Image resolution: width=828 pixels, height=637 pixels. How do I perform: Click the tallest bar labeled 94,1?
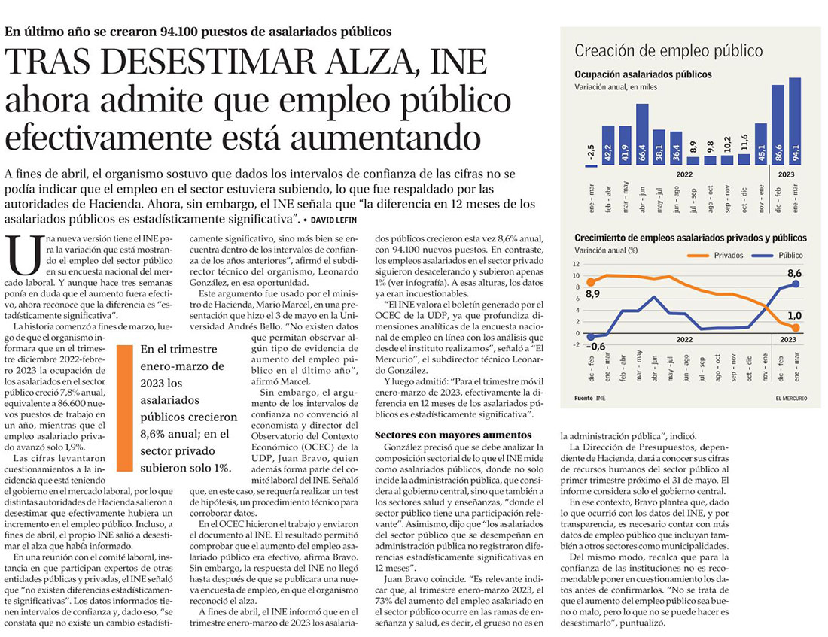795,121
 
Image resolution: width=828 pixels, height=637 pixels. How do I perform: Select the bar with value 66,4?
642,134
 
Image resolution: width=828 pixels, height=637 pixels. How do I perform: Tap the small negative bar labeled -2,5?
592,165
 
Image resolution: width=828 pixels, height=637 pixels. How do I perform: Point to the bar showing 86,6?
778,125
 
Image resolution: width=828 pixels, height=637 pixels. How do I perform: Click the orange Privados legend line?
697,256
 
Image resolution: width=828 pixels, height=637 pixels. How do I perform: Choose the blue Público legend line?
762,256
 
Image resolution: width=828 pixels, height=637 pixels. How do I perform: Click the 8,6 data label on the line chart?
794,274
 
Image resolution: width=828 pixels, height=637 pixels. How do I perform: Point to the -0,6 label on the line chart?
595,346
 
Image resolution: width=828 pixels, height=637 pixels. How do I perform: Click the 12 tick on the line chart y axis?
576,264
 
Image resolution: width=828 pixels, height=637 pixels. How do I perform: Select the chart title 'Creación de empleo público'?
668,50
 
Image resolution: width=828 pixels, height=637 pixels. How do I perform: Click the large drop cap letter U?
24,256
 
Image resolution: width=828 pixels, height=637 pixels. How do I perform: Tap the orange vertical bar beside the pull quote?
125,408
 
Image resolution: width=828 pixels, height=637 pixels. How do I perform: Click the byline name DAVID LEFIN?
333,220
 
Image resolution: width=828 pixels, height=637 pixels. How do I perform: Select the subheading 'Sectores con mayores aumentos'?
453,435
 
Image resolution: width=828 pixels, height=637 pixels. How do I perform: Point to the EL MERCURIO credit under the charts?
791,398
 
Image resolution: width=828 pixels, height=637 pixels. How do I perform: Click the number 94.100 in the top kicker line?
178,32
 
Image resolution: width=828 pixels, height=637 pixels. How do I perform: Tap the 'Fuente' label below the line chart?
583,398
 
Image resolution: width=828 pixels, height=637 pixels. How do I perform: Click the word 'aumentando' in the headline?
386,138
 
